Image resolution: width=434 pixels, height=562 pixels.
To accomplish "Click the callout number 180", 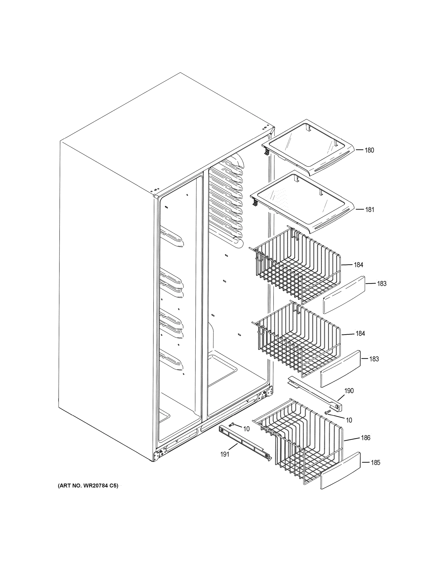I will point(369,150).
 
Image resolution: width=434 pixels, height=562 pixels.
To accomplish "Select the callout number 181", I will point(370,210).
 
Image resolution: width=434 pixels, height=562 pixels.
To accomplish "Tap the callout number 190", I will point(349,391).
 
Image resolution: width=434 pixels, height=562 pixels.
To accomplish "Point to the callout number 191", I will point(225,455).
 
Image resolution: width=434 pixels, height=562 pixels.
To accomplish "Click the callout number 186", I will point(366,438).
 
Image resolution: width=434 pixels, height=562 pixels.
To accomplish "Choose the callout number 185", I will point(375,463).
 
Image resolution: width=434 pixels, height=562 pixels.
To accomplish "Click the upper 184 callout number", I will point(358,265).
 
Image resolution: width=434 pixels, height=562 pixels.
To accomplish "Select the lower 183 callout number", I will point(374,359).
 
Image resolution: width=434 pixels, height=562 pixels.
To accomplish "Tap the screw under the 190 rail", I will point(328,412).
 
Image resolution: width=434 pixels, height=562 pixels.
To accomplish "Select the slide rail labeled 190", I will point(315,392).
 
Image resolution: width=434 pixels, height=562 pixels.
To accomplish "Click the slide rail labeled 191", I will point(244,443).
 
